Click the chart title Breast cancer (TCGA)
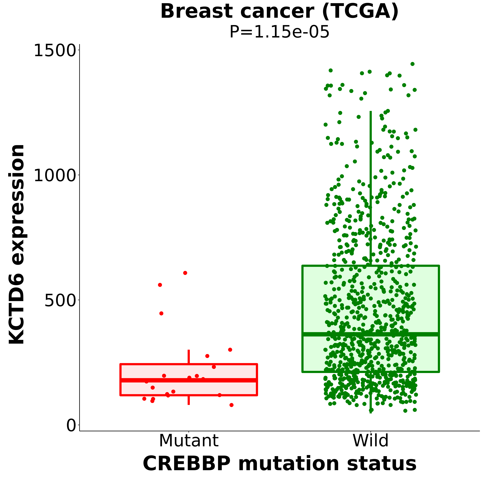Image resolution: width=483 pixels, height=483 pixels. [x=279, y=11]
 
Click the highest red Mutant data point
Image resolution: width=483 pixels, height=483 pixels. [x=185, y=273]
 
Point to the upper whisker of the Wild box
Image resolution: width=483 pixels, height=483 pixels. [x=371, y=187]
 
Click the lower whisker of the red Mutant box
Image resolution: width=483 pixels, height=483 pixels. [x=189, y=400]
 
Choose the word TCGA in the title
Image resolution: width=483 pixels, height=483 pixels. [x=360, y=11]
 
